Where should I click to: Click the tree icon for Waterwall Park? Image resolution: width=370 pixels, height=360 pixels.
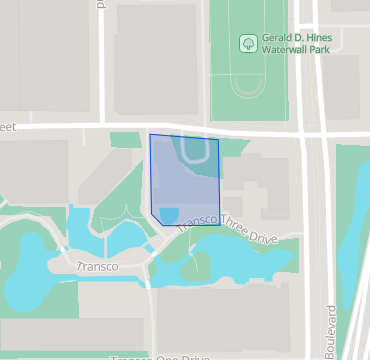click(246, 43)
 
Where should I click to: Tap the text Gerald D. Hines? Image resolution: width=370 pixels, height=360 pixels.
click(296, 38)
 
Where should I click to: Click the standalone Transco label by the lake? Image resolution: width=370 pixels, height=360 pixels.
click(98, 267)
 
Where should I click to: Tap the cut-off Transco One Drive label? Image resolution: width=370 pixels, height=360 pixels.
click(160, 356)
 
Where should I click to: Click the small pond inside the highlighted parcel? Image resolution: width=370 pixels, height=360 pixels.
click(170, 214)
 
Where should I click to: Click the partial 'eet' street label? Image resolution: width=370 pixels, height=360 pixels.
click(11, 127)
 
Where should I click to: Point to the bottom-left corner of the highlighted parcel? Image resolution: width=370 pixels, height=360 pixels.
click(152, 211)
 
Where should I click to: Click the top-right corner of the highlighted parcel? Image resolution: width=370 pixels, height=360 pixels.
click(218, 139)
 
